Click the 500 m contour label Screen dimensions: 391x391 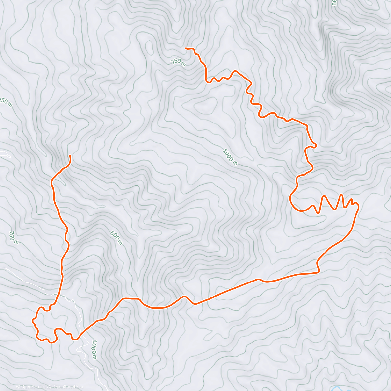click(x=116, y=238)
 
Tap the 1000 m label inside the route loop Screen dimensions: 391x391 click(x=230, y=157)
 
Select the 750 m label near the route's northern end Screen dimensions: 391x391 click(x=178, y=62)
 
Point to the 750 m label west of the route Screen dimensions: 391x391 click(x=14, y=238)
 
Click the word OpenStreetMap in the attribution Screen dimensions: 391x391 click(x=68, y=387)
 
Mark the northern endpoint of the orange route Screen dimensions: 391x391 click(x=186, y=48)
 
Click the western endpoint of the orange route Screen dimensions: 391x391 click(x=70, y=156)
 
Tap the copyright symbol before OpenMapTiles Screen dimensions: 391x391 click(x=18, y=387)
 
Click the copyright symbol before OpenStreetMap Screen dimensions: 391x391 click(x=51, y=387)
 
